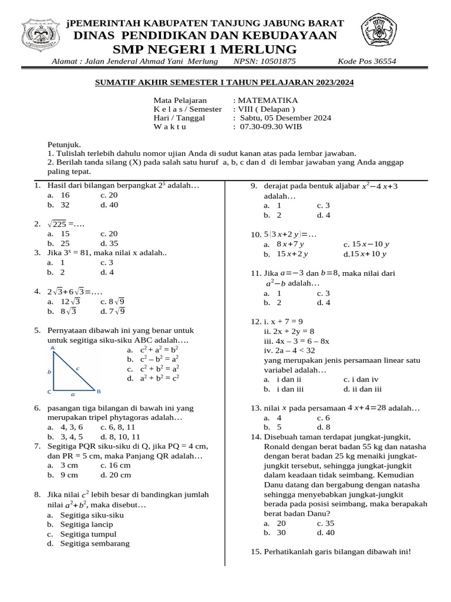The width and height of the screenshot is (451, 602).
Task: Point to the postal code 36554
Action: click(382, 61)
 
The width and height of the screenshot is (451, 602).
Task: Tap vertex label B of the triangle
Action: click(99, 391)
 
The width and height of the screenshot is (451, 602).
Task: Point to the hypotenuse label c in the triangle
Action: click(78, 367)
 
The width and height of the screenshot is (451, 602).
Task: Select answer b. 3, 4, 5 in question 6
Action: click(65, 437)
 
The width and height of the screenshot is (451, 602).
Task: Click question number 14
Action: click(255, 437)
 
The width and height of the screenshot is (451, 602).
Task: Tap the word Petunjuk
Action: click(63, 144)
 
